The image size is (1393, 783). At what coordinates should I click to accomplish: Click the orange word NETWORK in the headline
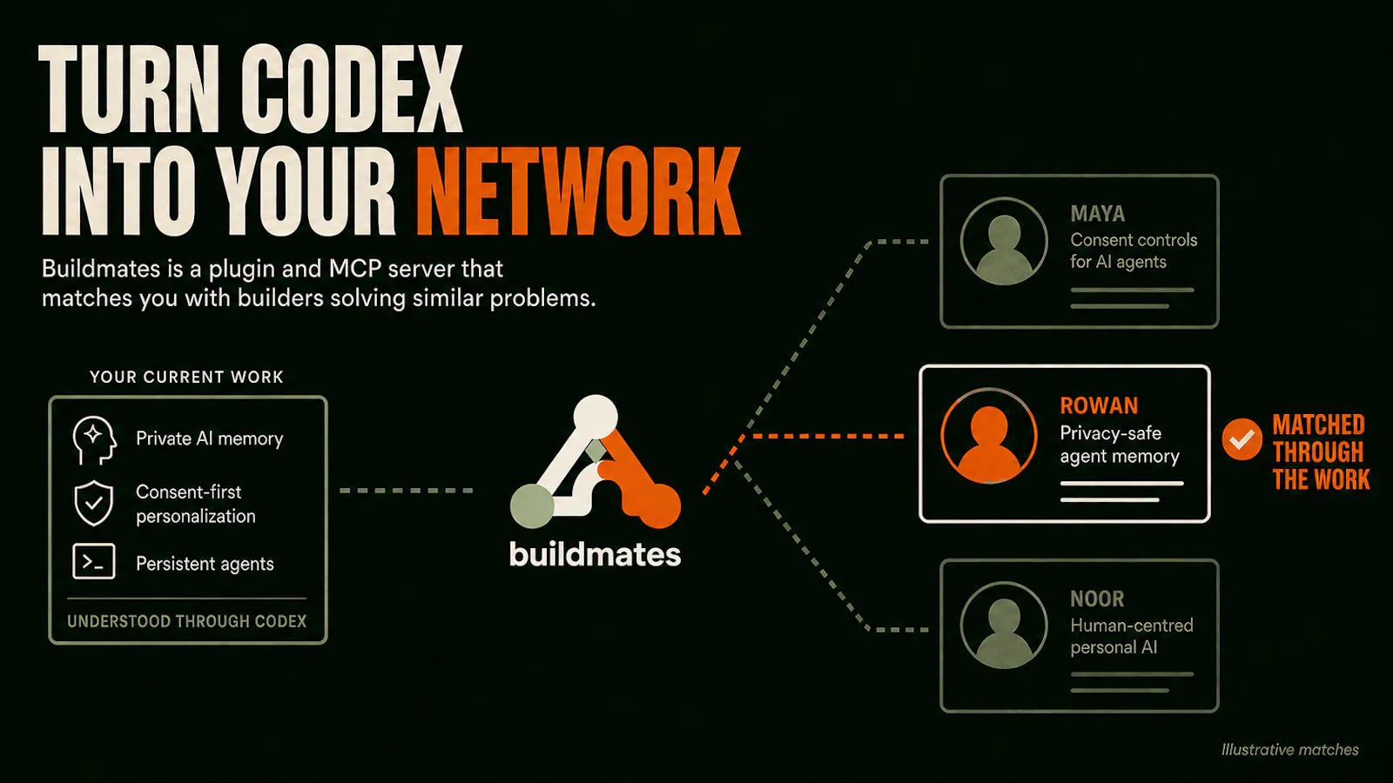coord(578,191)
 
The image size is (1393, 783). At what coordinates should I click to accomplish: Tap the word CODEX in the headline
coord(353,88)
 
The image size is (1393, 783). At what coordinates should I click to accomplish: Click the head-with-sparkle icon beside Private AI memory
coord(94,440)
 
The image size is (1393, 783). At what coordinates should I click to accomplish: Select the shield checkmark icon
coord(94,503)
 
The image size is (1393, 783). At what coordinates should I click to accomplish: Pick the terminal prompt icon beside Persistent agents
coord(94,562)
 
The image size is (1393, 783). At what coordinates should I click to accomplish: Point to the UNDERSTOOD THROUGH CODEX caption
coord(186,621)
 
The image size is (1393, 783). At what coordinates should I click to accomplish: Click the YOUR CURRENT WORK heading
coord(186,378)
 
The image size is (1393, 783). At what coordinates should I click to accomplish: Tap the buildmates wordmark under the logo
coord(596,553)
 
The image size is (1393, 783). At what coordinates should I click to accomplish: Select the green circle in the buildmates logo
coord(532,505)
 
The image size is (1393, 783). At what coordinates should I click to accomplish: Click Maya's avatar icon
coord(1004,241)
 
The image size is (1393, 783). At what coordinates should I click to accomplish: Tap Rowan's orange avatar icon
coord(989,436)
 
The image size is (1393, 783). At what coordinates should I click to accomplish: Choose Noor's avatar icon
coord(1004,626)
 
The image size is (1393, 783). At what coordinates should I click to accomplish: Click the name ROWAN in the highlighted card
coord(1099,405)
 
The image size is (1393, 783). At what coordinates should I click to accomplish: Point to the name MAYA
coord(1098,214)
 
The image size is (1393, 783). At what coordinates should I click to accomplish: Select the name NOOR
coord(1097,599)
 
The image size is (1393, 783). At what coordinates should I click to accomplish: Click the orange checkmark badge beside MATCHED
coord(1242,439)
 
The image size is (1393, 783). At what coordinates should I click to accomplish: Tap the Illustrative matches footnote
coord(1289,750)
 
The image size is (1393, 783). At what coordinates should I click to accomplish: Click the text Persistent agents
coord(205,564)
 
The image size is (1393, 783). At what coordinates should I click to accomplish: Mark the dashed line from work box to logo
coord(407,491)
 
